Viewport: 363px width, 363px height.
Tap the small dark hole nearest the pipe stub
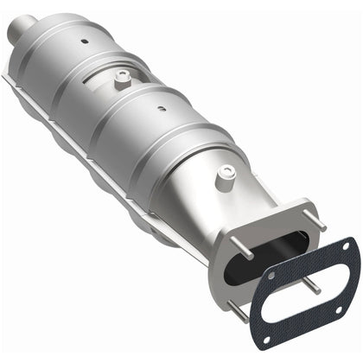(85, 41)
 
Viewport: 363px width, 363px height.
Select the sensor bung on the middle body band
(121, 80)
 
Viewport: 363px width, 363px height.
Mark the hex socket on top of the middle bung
(121, 76)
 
